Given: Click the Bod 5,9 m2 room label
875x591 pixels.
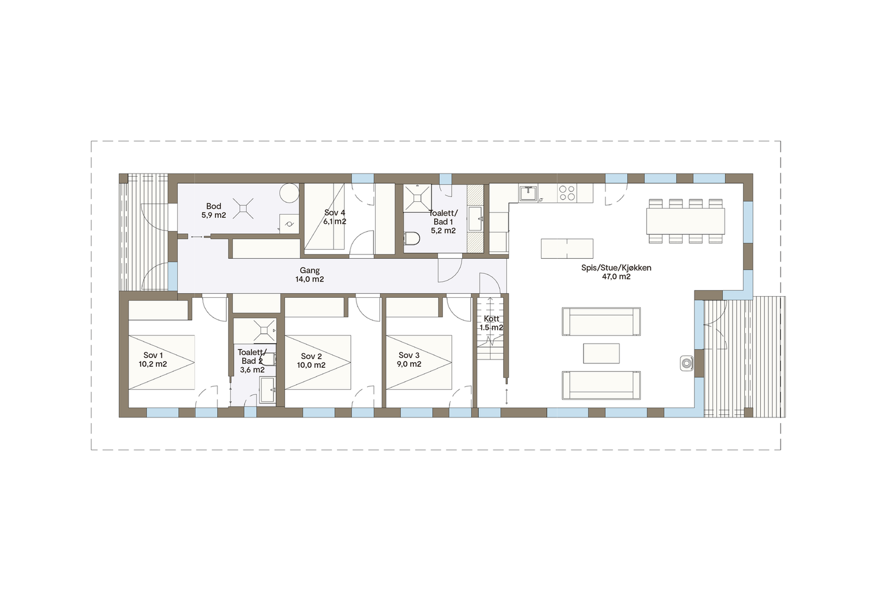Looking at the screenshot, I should (213, 211).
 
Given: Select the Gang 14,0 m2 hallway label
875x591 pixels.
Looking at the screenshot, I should (310, 275).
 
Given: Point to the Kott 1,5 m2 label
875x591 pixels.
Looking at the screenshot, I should (491, 323).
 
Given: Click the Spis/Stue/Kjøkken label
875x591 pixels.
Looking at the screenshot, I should (616, 273).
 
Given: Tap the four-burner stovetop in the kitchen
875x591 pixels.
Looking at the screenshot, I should (567, 193).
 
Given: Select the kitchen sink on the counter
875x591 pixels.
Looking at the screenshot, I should (527, 193).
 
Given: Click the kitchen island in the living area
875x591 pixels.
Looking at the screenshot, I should (567, 248).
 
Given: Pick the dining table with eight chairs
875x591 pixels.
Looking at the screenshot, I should (685, 221).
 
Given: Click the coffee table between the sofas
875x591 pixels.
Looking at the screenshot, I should (601, 353).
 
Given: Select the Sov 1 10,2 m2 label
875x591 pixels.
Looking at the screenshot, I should (153, 360).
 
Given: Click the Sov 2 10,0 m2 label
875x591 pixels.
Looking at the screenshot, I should (311, 361).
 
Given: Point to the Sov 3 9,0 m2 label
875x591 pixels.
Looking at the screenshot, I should (409, 360).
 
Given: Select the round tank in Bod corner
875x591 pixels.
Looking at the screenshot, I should (289, 193).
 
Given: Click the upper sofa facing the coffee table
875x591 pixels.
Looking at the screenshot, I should (601, 321).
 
